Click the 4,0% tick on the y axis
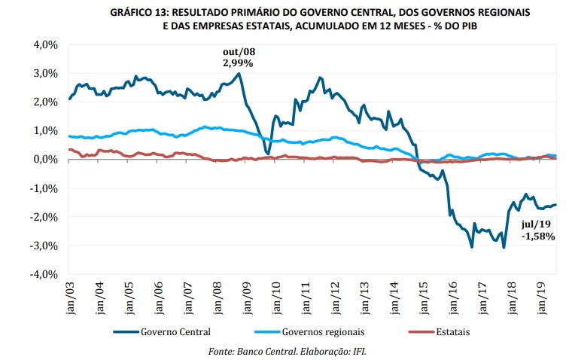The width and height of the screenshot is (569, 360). [x=44, y=44]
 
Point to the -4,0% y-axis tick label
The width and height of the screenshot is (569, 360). [x=43, y=274]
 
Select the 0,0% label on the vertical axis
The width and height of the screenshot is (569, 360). [x=44, y=159]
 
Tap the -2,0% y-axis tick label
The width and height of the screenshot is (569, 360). [x=43, y=217]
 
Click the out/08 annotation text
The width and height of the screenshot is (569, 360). [x=238, y=51]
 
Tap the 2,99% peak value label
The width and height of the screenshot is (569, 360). [x=238, y=63]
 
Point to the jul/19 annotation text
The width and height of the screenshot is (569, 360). [x=537, y=224]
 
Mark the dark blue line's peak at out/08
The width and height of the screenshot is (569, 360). [x=239, y=73]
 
